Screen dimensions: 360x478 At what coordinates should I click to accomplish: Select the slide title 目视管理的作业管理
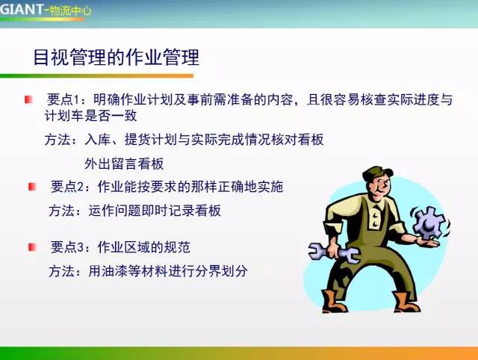[117, 57]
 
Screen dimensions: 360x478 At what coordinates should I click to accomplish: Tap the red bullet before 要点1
[28, 99]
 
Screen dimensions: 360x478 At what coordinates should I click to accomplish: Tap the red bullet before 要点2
[32, 186]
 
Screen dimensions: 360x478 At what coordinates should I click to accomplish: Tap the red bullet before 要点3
[32, 246]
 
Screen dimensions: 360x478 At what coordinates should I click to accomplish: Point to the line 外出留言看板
[123, 164]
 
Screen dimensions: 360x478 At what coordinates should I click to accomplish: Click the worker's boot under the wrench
[334, 302]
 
